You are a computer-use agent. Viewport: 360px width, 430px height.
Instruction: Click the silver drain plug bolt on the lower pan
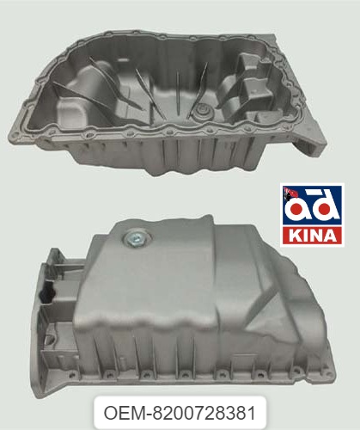[134, 239]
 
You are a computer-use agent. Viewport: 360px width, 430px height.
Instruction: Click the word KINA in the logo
[313, 236]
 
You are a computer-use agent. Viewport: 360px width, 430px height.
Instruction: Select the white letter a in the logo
[296, 210]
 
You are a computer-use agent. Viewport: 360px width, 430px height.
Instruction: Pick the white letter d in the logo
[325, 206]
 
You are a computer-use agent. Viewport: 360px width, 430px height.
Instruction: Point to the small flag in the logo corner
[290, 193]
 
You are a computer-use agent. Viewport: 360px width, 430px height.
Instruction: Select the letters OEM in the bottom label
[125, 414]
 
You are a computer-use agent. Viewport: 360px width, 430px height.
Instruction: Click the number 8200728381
[204, 414]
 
